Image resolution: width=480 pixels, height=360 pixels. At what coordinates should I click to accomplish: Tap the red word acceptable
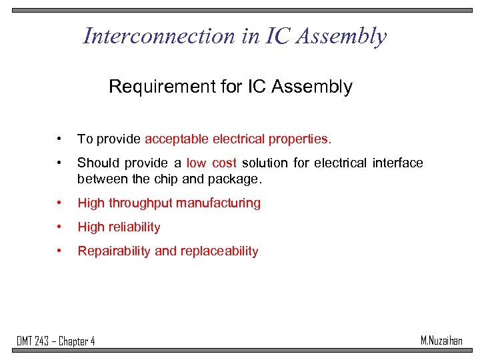[x=177, y=139]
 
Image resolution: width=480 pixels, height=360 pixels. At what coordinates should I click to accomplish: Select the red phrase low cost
[x=211, y=163]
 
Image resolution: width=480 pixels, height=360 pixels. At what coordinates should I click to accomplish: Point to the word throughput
[x=141, y=203]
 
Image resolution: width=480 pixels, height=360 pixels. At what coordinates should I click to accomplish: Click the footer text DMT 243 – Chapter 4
[x=56, y=341]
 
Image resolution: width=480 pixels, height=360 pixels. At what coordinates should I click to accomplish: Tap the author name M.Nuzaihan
[x=441, y=341]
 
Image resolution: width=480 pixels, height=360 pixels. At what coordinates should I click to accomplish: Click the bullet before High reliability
[x=61, y=227]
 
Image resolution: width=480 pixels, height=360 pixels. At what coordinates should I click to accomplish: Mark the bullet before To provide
[x=61, y=139]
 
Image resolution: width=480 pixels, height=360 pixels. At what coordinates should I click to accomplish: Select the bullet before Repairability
[x=61, y=251]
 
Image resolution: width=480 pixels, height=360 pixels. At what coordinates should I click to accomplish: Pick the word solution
[x=265, y=163]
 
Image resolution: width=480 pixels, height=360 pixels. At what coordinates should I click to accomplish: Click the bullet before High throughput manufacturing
[x=61, y=203]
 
